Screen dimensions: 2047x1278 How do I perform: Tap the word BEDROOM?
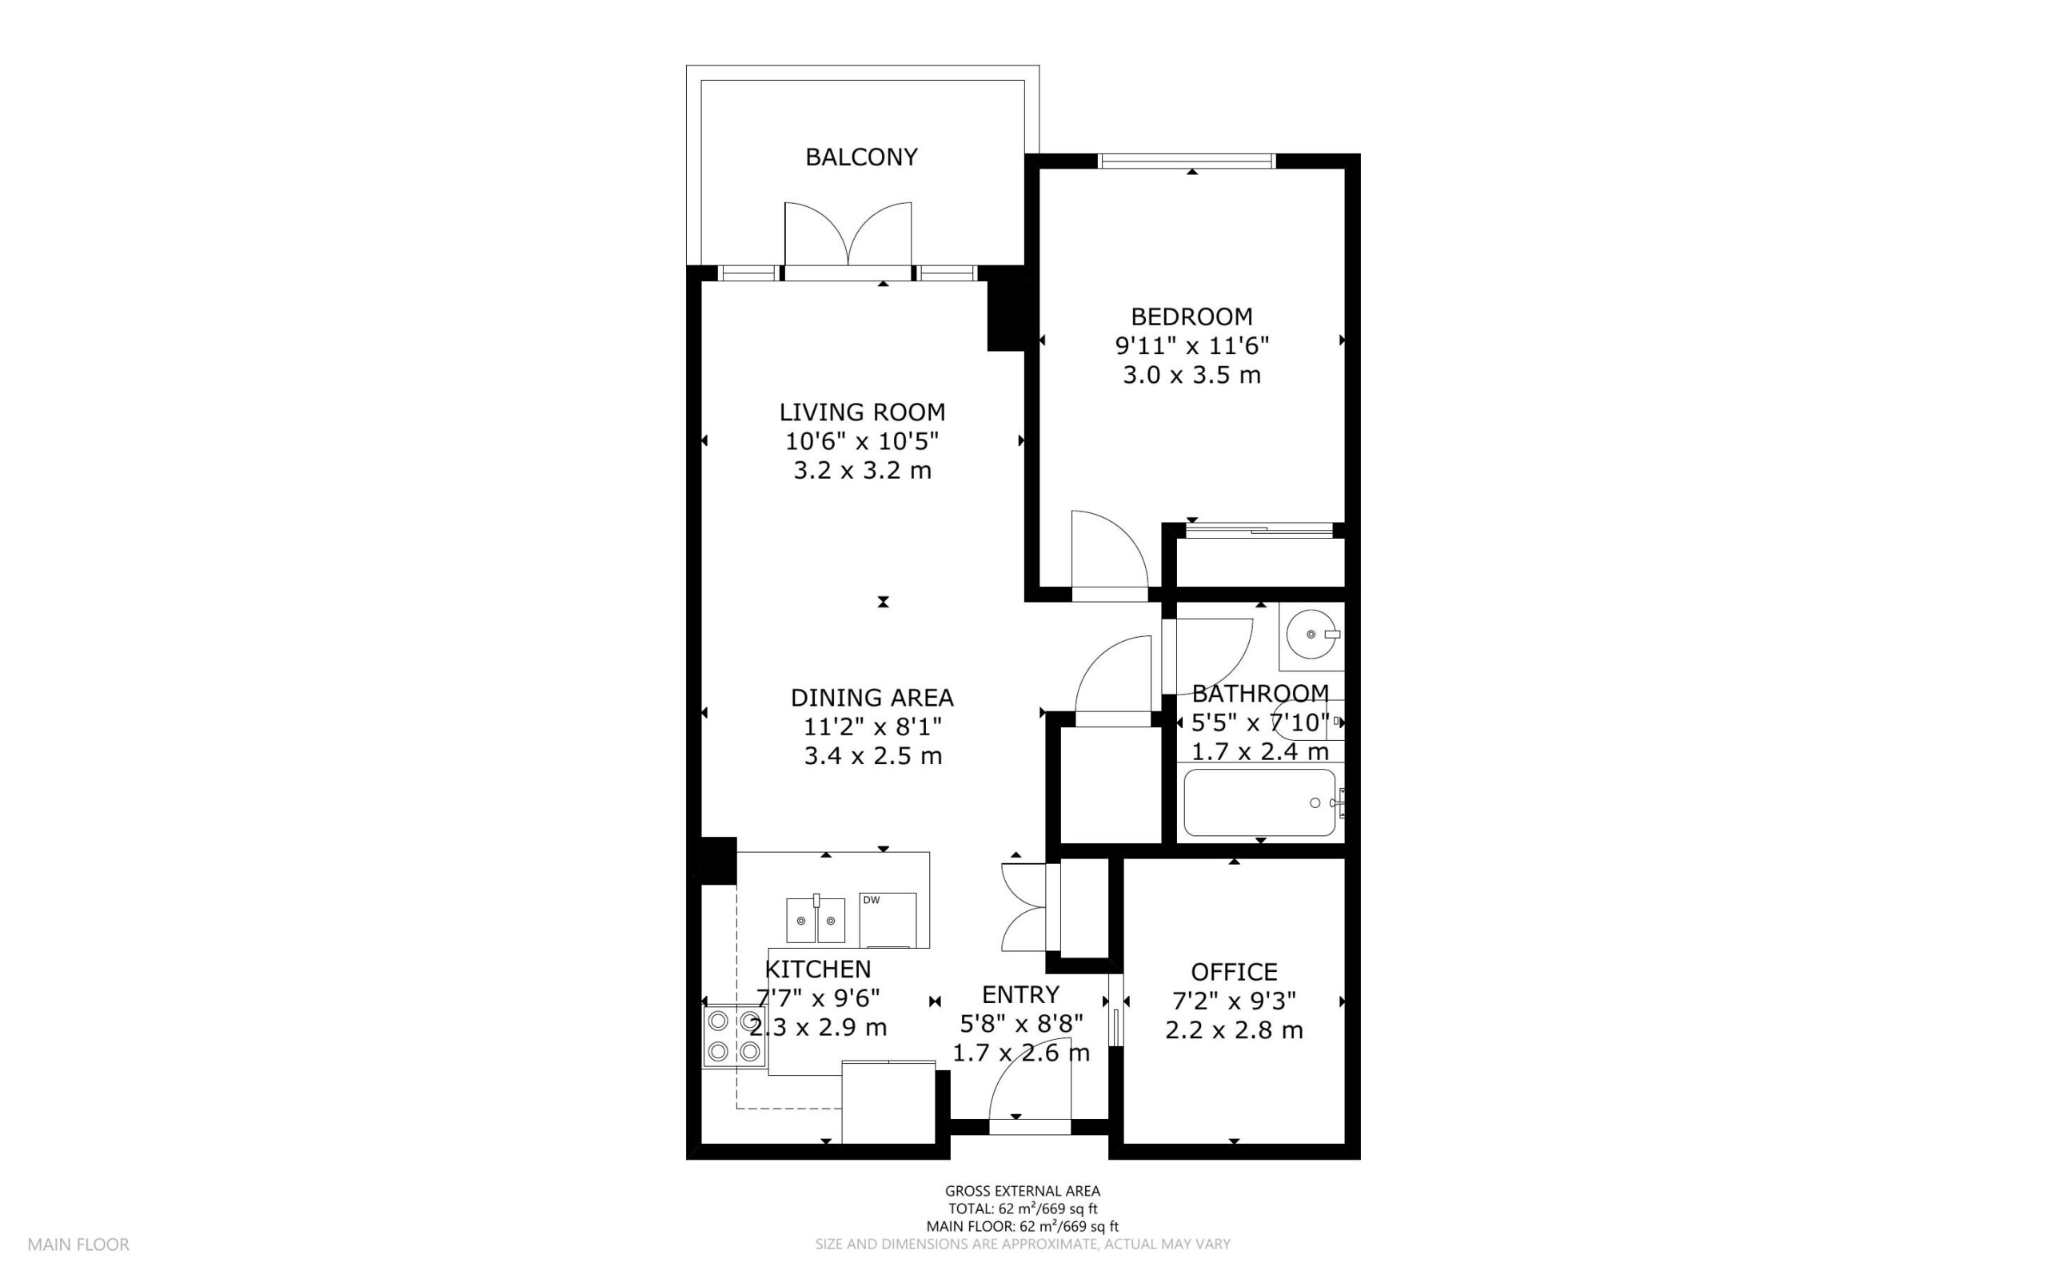[1191, 317]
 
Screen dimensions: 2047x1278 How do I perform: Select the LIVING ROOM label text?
[862, 412]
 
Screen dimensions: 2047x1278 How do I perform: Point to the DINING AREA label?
[872, 699]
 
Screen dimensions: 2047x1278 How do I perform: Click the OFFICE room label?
[1234, 972]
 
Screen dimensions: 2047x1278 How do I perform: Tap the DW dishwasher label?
[871, 900]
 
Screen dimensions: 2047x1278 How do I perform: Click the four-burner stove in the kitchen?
[734, 1037]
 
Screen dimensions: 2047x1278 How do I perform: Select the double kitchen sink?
[816, 920]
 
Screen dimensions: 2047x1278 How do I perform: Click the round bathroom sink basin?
[1311, 633]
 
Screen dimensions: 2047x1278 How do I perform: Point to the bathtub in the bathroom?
[1260, 802]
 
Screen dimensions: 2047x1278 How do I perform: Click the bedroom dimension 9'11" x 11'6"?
[1191, 346]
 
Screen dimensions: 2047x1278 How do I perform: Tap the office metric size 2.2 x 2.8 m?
[1234, 1030]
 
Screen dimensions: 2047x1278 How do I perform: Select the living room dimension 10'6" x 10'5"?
[862, 441]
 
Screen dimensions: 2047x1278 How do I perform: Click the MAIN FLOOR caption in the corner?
[78, 1244]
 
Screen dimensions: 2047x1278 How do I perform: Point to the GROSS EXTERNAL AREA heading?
[1022, 1192]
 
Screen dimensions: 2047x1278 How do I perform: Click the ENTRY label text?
[1020, 994]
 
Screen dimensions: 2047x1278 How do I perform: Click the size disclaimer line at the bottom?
[1022, 1244]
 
